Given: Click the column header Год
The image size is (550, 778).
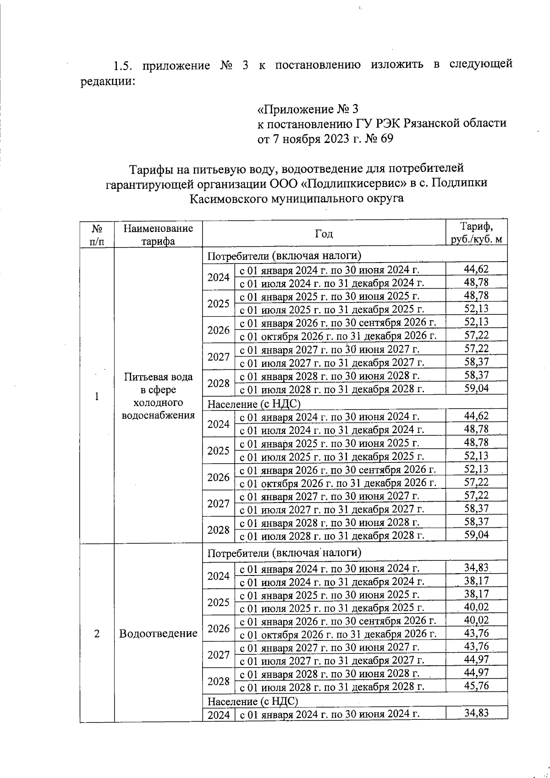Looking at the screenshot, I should (324, 234).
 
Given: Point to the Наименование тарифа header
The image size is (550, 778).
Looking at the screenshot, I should (158, 235).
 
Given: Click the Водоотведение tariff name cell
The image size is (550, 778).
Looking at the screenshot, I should (158, 634).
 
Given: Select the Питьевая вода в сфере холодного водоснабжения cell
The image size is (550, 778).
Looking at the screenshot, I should (158, 396).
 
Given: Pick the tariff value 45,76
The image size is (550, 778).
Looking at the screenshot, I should (476, 686).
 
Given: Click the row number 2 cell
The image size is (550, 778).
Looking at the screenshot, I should (97, 634).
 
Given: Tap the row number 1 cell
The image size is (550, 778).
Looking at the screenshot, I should (97, 397).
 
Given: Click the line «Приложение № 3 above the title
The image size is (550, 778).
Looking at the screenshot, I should (307, 109).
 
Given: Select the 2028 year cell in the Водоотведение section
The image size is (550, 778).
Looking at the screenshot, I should (218, 681).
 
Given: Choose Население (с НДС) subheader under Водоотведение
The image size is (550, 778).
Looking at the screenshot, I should (253, 701).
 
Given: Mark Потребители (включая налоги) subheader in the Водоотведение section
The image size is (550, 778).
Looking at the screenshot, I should (284, 553).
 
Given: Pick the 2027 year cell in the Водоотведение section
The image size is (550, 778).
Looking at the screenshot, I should (218, 654).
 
